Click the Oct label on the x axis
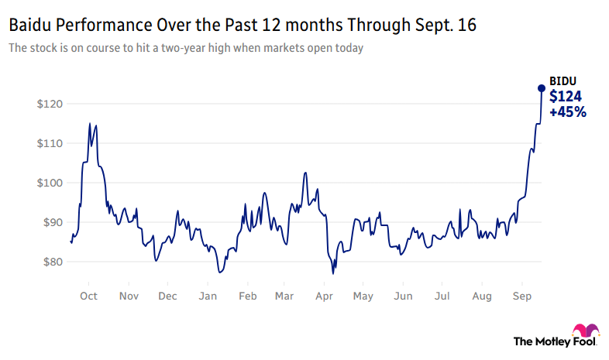coord(88,297)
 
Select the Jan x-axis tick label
coord(208,297)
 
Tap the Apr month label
coord(325,297)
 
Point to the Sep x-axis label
coord(521,297)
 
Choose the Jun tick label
coord(403,297)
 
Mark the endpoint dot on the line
coord(541,87)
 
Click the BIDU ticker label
coord(563,81)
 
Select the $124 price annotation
coord(566,97)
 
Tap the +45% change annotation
coord(568,112)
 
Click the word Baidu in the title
coord(29,26)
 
